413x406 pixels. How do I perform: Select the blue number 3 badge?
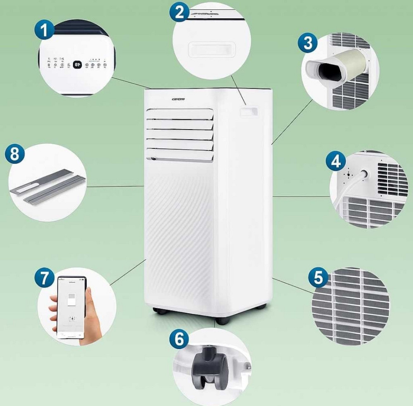click(308, 43)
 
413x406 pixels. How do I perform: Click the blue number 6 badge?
click(179, 340)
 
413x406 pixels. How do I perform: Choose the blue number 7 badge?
click(44, 278)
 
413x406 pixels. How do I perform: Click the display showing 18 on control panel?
click(77, 64)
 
